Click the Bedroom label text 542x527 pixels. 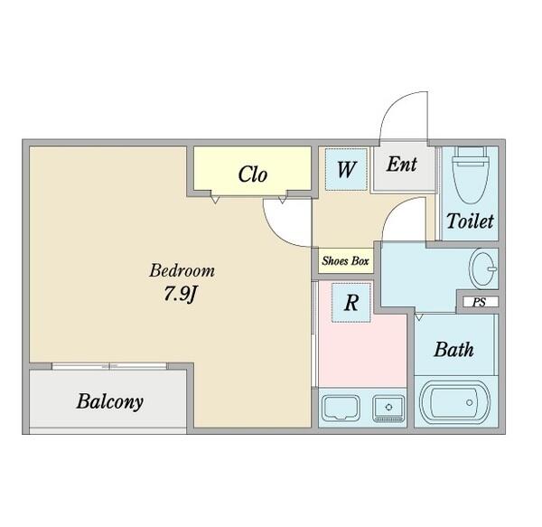point(182,271)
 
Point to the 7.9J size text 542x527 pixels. point(180,295)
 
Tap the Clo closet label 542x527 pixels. point(253,174)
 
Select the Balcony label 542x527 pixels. point(110,402)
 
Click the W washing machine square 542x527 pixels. point(346,169)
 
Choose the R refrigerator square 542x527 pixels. point(351,303)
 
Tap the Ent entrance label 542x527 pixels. point(402,164)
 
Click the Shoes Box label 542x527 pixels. point(345,260)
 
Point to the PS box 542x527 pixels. point(480,302)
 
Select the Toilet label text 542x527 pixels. point(470,221)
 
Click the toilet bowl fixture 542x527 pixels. point(471,175)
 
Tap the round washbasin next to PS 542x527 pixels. point(483,268)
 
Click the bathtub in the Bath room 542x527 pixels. point(454,402)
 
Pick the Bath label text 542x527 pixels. point(453,350)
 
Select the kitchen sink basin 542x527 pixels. point(341,408)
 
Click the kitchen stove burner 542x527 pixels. point(388,408)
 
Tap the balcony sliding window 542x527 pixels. point(109,366)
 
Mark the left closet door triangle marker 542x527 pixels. point(215,200)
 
